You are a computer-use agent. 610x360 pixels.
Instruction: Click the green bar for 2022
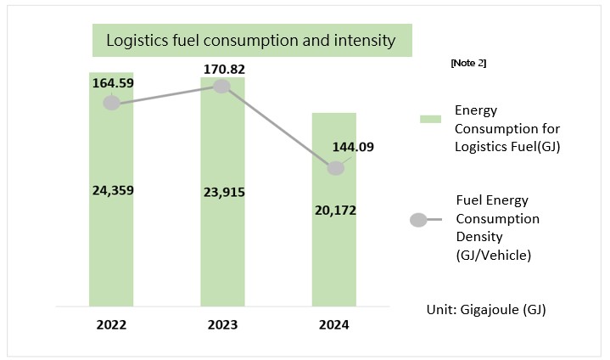[x=111, y=246]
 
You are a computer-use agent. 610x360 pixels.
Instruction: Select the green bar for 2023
[x=222, y=255]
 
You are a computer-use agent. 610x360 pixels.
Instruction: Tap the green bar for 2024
[x=333, y=263]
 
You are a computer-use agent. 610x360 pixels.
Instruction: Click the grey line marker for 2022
[x=111, y=104]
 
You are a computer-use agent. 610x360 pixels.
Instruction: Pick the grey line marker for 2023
[x=222, y=86]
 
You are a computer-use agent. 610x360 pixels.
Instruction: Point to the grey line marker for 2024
[x=336, y=168]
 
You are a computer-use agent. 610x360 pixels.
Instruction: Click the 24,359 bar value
[x=111, y=190]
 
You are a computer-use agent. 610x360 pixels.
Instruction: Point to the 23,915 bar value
[x=222, y=192]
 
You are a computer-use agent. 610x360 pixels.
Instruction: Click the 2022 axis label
[x=111, y=324]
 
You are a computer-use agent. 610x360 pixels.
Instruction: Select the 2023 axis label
[x=222, y=324]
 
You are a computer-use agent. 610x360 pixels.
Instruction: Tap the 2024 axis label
[x=333, y=324]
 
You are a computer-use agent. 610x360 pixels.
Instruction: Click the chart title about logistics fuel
[x=251, y=41]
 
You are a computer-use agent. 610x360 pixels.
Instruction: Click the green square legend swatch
[x=426, y=119]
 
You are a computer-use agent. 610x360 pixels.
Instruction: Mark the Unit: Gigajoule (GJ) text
[x=485, y=310]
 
